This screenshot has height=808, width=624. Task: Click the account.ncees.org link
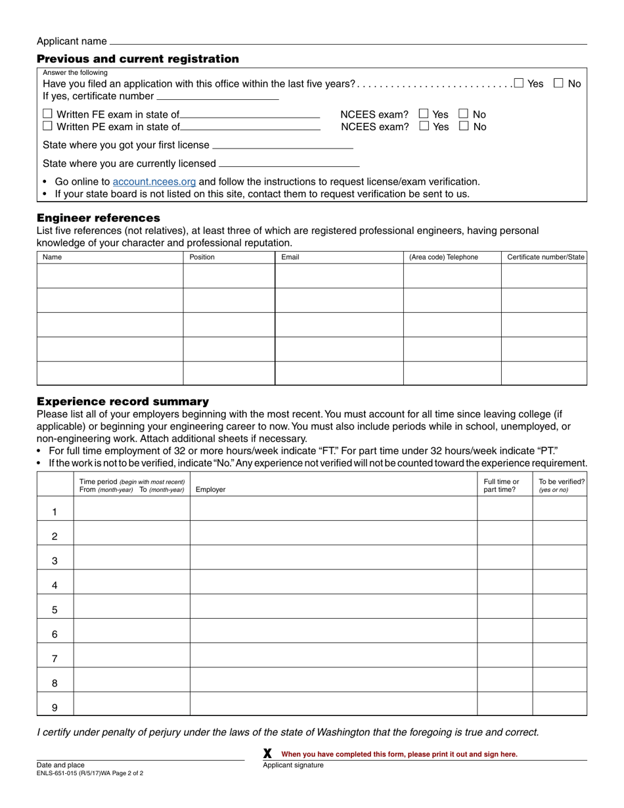click(x=154, y=181)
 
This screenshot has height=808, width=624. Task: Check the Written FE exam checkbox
click(x=47, y=114)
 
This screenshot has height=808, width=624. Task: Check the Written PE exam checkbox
click(x=47, y=126)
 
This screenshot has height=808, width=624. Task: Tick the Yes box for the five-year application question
click(x=519, y=83)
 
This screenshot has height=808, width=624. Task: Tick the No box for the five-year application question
click(x=558, y=83)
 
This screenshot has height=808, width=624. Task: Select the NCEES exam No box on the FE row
click(x=464, y=114)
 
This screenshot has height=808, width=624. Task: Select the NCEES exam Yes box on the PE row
click(x=424, y=126)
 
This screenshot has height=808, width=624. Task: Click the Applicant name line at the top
click(x=348, y=41)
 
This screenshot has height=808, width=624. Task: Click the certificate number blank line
click(x=217, y=96)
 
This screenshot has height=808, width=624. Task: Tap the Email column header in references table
click(x=290, y=257)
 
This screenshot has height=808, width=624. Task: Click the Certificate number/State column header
click(x=545, y=257)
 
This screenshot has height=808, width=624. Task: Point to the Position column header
click(x=202, y=257)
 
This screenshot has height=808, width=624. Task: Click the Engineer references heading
click(x=99, y=217)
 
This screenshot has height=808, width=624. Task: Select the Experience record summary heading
click(x=123, y=401)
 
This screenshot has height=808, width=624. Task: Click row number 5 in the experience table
click(x=55, y=610)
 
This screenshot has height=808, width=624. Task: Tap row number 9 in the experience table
click(x=55, y=707)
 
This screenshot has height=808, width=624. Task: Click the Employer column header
click(x=210, y=489)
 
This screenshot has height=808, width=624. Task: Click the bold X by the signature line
click(x=267, y=753)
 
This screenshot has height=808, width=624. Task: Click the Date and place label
click(x=60, y=765)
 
